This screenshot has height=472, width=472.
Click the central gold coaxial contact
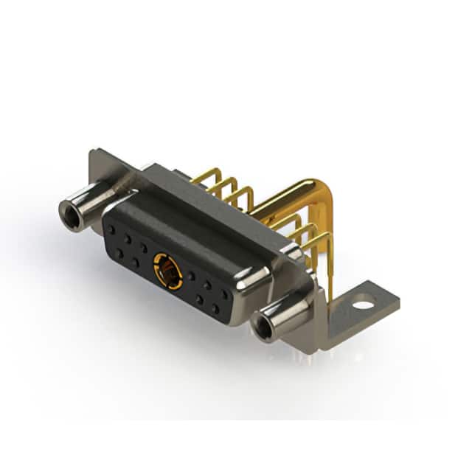[168, 271]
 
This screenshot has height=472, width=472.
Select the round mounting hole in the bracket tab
[363, 302]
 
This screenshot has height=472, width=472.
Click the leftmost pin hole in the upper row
[112, 230]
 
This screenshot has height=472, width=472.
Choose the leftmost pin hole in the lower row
[119, 252]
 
